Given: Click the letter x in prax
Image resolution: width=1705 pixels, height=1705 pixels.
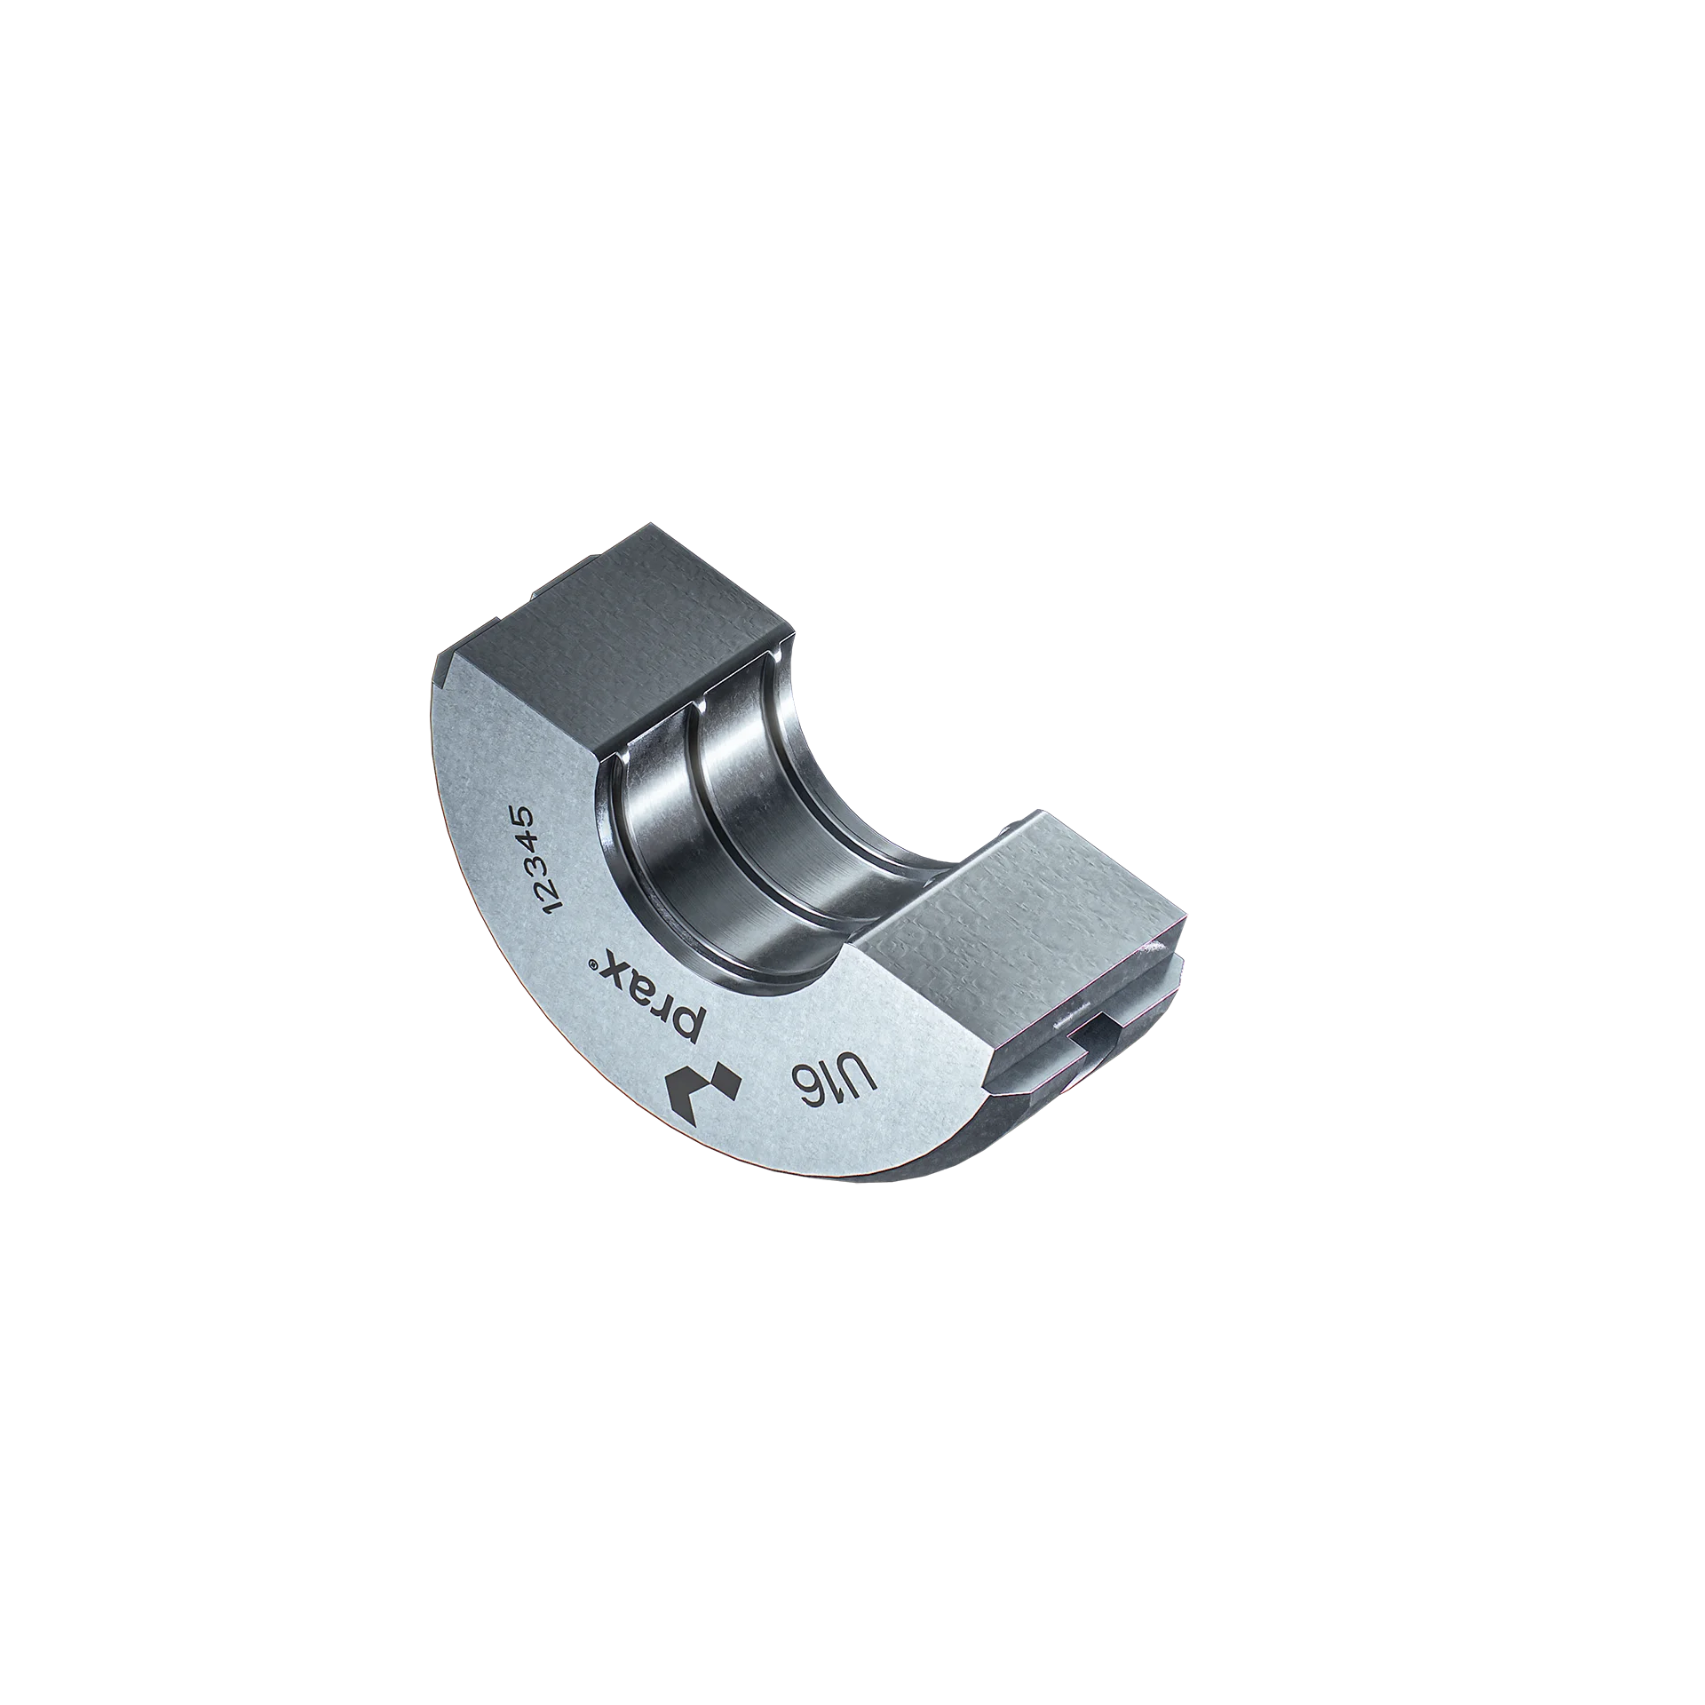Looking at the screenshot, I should [612, 968].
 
